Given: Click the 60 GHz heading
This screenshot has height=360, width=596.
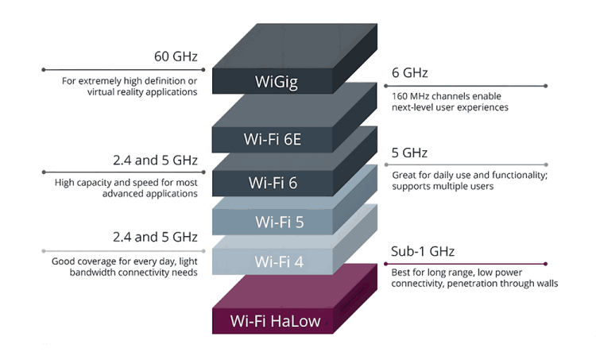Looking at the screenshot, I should (x=176, y=57).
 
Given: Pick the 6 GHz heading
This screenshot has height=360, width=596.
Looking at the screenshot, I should (x=410, y=73).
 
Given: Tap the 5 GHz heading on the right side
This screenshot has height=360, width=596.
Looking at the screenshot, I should (x=410, y=153).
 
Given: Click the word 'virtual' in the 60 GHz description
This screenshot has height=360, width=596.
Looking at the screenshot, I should (x=104, y=92).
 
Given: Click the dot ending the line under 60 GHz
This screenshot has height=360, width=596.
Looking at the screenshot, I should (x=45, y=70).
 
